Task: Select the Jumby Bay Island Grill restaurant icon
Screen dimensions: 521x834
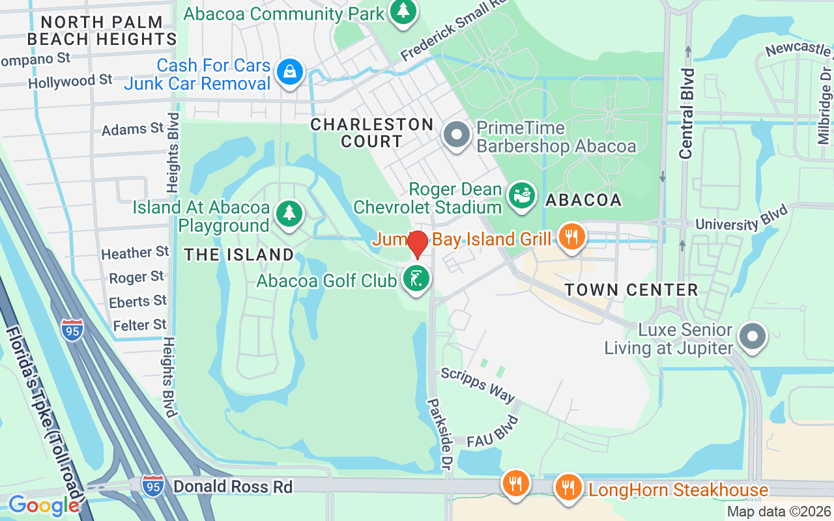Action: click(571, 236)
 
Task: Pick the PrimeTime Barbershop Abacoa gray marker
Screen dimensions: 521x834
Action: click(457, 135)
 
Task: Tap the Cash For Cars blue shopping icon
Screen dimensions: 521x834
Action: click(289, 72)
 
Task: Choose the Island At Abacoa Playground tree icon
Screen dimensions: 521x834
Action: click(289, 214)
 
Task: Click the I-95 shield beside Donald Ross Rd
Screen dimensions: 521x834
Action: click(152, 486)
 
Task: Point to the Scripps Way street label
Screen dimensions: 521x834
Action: click(478, 385)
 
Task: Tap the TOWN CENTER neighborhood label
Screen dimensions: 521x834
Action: click(631, 290)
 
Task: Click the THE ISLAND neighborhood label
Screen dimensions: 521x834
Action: click(238, 255)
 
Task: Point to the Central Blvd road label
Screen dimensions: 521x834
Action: click(687, 112)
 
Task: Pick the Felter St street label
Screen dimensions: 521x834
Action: click(139, 324)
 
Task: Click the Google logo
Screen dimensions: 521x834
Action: click(44, 505)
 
